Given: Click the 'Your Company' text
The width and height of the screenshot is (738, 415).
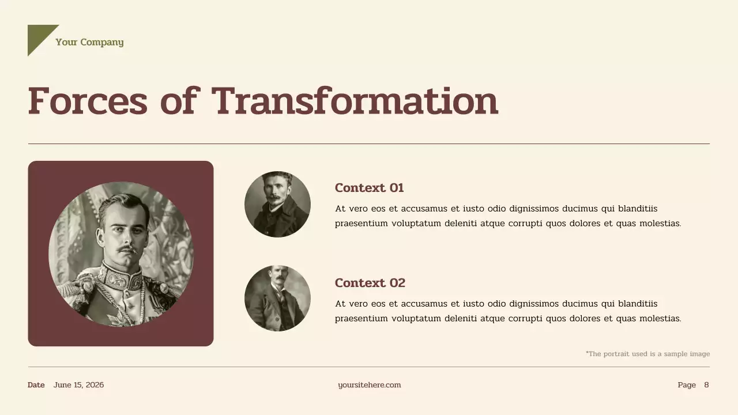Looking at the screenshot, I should point(89,42).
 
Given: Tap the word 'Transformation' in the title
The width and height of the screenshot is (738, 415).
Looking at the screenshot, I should point(355,101).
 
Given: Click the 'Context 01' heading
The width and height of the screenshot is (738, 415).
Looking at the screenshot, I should point(369,188).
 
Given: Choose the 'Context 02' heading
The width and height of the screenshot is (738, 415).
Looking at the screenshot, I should point(370,283).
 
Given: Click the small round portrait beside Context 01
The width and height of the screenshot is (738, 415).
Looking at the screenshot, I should point(277,204).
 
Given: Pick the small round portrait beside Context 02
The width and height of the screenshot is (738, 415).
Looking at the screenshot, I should point(277,298).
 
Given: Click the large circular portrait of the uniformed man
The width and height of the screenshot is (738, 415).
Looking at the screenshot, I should point(121,254).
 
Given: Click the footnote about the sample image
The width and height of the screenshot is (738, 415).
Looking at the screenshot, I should point(647,354).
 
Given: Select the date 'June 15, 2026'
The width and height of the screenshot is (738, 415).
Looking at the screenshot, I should point(78,385).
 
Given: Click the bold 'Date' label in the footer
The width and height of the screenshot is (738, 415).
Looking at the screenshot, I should point(36,385).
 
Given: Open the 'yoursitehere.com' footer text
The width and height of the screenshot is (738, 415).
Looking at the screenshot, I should point(369,385).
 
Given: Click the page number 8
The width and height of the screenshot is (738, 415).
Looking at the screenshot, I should point(706,385).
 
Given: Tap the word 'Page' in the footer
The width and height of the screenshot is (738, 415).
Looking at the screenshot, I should point(687,385).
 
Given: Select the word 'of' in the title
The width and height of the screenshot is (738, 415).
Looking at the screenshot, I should point(179,101).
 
